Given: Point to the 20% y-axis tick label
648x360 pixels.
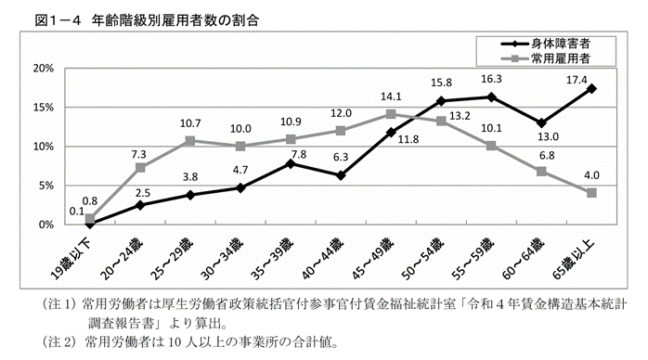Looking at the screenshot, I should tap(42, 69).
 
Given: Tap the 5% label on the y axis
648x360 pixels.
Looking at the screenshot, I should tap(45, 186).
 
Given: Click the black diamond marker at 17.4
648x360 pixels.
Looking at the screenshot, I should tap(591, 88).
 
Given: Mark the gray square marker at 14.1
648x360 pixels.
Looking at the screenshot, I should tap(391, 114).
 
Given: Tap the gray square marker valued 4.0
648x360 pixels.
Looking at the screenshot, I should tap(591, 193).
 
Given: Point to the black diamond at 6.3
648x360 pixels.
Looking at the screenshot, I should tap(341, 175).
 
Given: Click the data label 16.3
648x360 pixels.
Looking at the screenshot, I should tap(491, 79).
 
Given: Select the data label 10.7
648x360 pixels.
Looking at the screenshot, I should tap(189, 123).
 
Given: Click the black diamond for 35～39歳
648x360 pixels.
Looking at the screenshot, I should tap(291, 163).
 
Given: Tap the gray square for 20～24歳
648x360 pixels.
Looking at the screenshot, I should tap(140, 168).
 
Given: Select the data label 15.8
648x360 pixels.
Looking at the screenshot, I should tap(441, 83).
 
